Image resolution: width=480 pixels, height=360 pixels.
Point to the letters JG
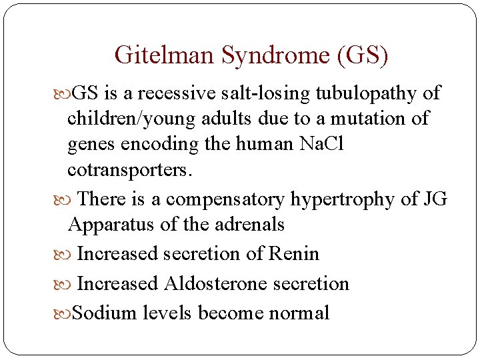pos(435,199)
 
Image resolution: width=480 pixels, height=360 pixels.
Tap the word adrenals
pos(247,225)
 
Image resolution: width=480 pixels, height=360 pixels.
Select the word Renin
pos(293,254)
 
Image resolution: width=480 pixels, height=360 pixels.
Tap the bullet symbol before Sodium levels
pos(61,313)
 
